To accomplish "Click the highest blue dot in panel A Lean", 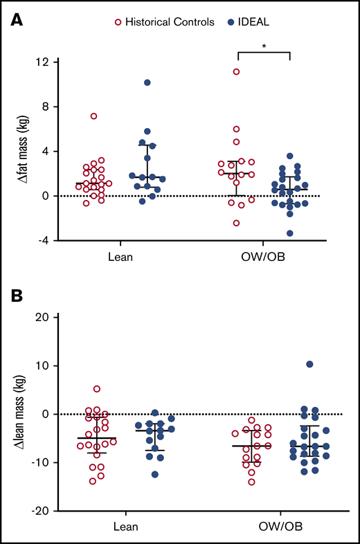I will [x=147, y=82].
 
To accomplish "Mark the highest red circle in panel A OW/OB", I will [x=236, y=71].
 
